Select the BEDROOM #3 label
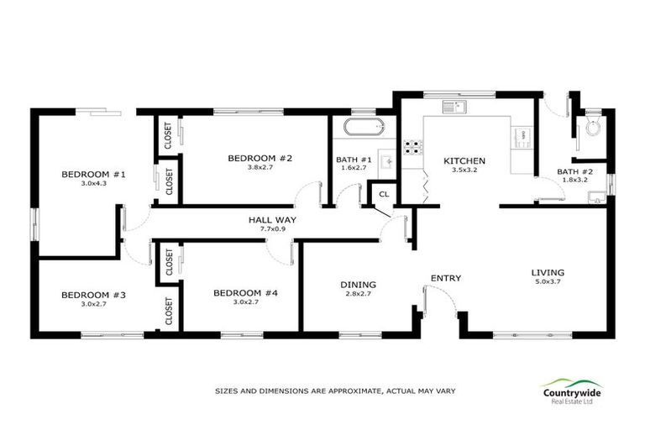click(92, 295)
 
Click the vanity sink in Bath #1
click(387, 160)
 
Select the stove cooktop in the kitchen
click(412, 148)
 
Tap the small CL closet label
click(384, 194)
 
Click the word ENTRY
click(445, 278)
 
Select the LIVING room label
click(547, 272)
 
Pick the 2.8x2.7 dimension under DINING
click(358, 294)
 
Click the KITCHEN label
click(464, 161)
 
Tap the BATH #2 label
click(574, 172)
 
